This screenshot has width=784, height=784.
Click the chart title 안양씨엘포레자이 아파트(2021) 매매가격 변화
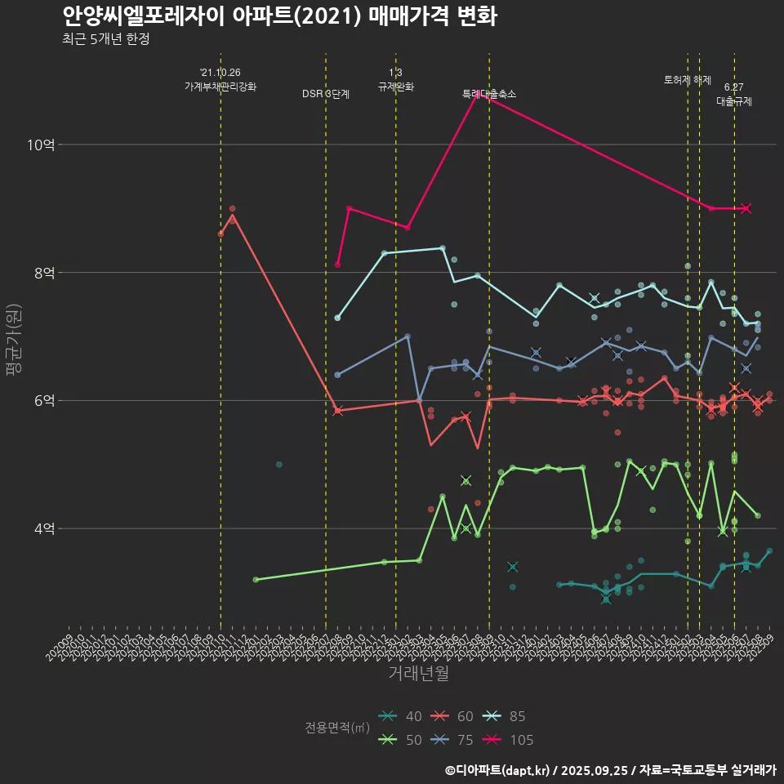click(x=279, y=16)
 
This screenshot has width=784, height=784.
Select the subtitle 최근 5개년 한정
click(x=105, y=39)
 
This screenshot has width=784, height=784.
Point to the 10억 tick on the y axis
click(x=41, y=145)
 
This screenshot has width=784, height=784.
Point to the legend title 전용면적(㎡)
click(x=336, y=728)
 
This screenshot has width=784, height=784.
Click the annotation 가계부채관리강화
click(x=220, y=86)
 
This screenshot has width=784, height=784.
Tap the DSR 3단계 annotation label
click(x=326, y=94)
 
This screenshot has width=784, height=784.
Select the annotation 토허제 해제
click(x=688, y=80)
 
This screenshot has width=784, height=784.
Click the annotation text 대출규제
click(x=734, y=101)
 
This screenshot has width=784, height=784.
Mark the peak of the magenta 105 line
click(x=477, y=96)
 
